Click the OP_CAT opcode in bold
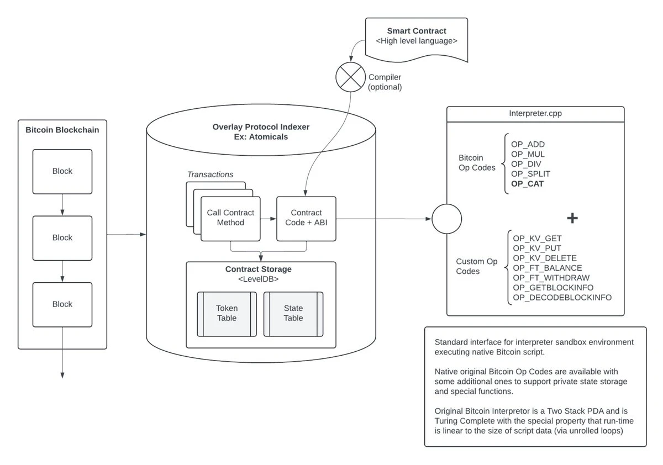pos(527,184)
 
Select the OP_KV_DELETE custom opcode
pos(545,258)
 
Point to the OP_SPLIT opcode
pos(530,174)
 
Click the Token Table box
pos(227,314)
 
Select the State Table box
pos(293,314)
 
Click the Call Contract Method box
pos(230,218)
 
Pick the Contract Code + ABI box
pos(306,218)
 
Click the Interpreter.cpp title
pos(535,114)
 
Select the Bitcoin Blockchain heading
pos(62,130)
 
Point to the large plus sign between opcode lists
pos(572,218)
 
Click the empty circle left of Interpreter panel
pos(446,219)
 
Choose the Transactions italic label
pos(210,175)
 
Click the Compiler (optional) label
pos(385,82)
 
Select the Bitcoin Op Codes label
pos(477,162)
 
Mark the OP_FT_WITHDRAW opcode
pos(551,278)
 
